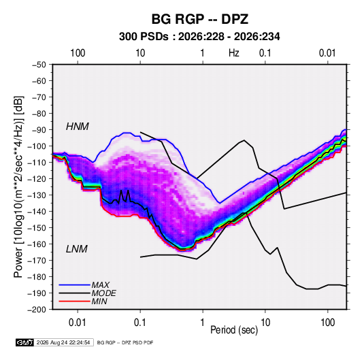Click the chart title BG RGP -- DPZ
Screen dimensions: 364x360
(x=200, y=19)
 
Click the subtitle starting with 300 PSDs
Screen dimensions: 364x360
(x=199, y=37)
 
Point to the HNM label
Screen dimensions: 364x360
(x=78, y=127)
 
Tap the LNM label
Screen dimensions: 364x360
(x=77, y=249)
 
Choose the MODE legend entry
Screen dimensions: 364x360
(x=87, y=293)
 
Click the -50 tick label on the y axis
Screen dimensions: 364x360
(x=39, y=65)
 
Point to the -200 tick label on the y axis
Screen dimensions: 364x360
(x=37, y=310)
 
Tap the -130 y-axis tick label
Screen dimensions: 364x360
(x=37, y=195)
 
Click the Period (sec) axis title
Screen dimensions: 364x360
(x=234, y=330)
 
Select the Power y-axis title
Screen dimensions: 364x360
(x=18, y=186)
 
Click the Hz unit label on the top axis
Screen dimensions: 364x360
(x=234, y=53)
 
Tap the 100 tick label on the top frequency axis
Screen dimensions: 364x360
(x=78, y=53)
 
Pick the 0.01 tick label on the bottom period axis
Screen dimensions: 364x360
(x=78, y=323)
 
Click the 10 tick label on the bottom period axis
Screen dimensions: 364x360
(x=265, y=323)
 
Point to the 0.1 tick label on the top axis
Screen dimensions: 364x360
(x=265, y=53)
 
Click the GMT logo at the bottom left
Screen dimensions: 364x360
(x=25, y=342)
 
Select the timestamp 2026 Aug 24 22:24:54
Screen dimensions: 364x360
(x=63, y=342)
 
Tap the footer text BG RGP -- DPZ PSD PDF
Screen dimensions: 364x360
(x=125, y=342)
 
